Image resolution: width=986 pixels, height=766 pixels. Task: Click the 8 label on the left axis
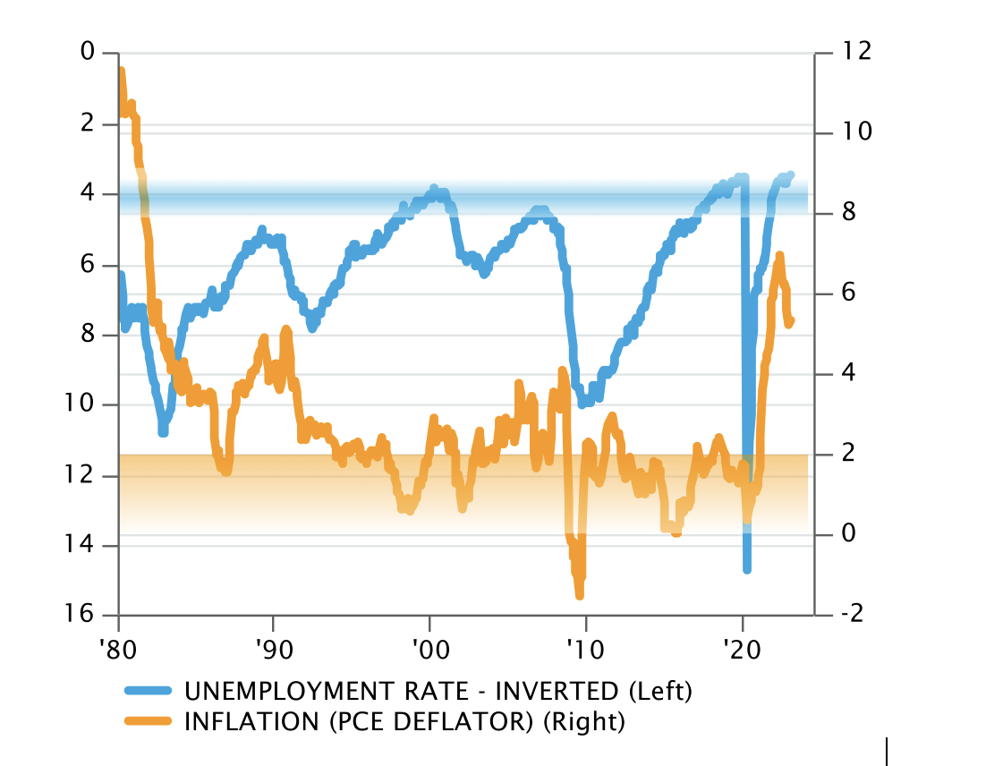[x=87, y=334]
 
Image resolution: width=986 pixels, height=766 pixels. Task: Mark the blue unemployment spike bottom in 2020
[x=747, y=568]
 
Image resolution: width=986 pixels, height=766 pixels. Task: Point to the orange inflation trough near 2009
[x=580, y=594]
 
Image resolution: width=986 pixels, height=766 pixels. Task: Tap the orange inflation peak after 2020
[x=779, y=256]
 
